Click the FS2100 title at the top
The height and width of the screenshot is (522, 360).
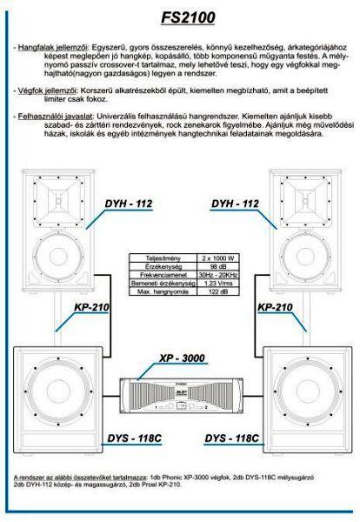pyautogui.click(x=189, y=17)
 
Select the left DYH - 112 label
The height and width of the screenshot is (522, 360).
pyautogui.click(x=129, y=204)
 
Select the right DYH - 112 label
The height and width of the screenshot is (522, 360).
pyautogui.click(x=235, y=204)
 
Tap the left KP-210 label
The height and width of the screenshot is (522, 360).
pyautogui.click(x=91, y=307)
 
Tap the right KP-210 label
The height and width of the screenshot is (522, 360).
pyautogui.click(x=275, y=307)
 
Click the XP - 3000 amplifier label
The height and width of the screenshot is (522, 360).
pyautogui.click(x=182, y=358)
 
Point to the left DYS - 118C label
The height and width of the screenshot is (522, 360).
pyautogui.click(x=135, y=438)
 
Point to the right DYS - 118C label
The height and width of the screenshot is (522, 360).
pyautogui.click(x=232, y=438)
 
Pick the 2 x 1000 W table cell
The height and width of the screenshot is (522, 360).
pyautogui.click(x=218, y=258)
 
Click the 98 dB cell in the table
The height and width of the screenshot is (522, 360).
pyautogui.click(x=218, y=266)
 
